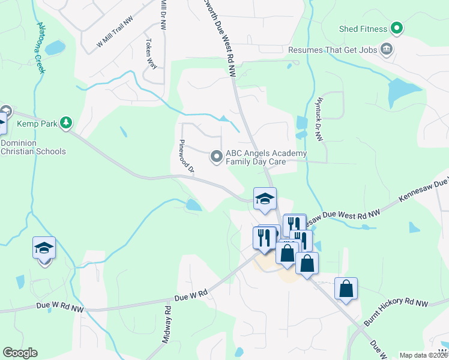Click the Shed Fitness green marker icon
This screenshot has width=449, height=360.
click(x=396, y=28)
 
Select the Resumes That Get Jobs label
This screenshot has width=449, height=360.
click(x=333, y=50)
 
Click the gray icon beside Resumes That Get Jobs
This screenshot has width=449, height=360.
click(x=387, y=49)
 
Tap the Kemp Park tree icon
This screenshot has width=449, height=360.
click(x=66, y=124)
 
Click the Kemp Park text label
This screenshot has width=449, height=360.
click(x=37, y=124)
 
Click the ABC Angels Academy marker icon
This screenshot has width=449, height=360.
click(x=216, y=157)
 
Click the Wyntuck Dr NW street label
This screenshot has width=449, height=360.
click(x=320, y=120)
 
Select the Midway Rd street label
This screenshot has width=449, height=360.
click(x=167, y=325)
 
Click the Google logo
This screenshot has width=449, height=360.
click(x=20, y=353)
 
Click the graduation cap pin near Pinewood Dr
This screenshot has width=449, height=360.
click(x=265, y=199)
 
